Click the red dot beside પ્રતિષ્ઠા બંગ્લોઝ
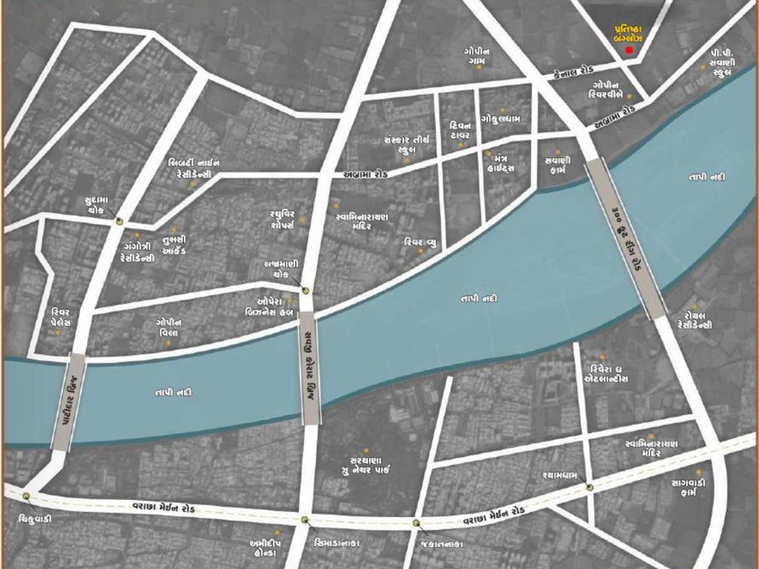click(629, 50)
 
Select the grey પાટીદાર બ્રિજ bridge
click(69, 401)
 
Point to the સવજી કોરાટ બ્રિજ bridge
click(311, 367)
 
